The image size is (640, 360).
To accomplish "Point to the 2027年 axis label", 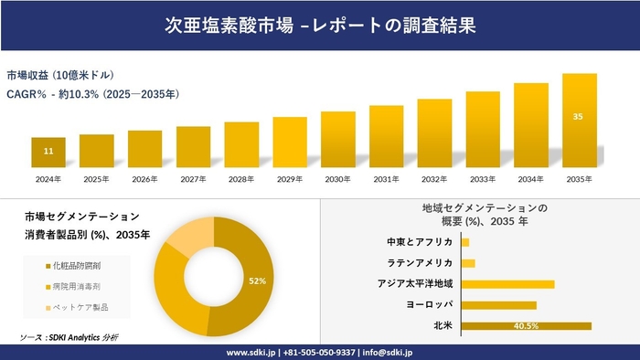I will [x=193, y=178].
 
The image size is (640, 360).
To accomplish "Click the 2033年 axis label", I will [x=483, y=178].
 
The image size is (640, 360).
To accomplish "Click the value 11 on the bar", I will [x=48, y=150].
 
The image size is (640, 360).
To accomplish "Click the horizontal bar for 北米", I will [x=526, y=325].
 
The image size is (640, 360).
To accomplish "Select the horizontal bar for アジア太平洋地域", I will [x=507, y=284].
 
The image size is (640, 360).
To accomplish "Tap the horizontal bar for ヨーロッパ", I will [x=498, y=304].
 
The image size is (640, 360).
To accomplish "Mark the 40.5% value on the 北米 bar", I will [x=526, y=325].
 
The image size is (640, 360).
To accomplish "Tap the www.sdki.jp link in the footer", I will [x=252, y=352].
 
